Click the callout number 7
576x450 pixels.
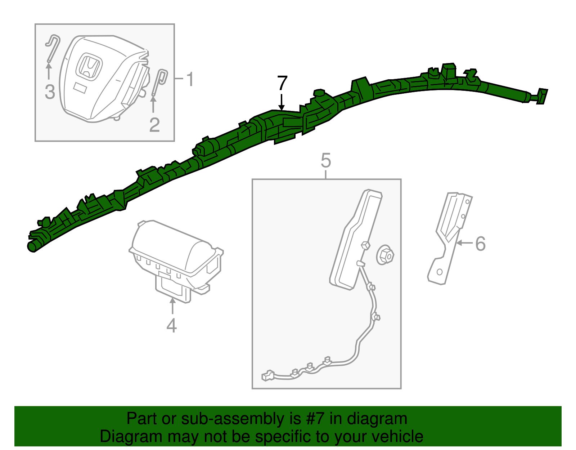[x=282, y=83]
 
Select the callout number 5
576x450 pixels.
[x=326, y=160]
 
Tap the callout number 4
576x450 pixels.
[x=171, y=325]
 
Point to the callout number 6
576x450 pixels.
[x=480, y=244]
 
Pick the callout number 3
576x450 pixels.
[x=50, y=92]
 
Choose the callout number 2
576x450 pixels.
[x=154, y=125]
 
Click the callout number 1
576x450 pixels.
[x=190, y=79]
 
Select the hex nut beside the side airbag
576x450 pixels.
[x=385, y=255]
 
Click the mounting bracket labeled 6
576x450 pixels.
[x=450, y=239]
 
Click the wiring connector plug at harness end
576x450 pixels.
[x=268, y=376]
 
